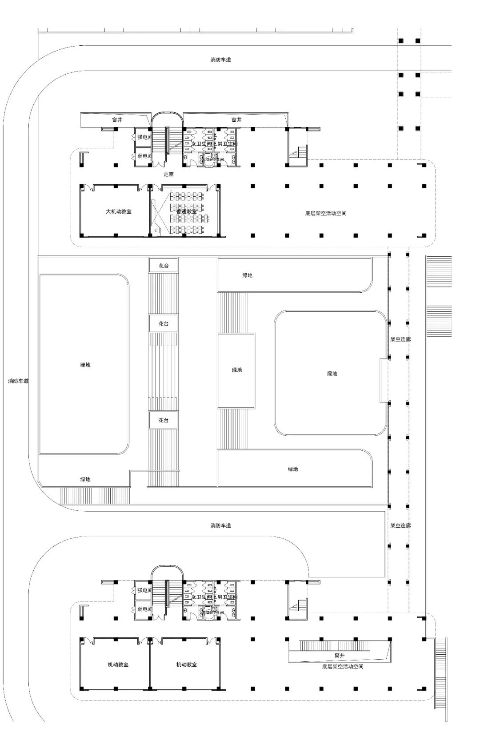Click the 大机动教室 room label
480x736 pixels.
click(119, 211)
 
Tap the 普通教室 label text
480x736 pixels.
click(186, 212)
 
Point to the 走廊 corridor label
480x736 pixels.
click(168, 175)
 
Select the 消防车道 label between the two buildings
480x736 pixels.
click(221, 525)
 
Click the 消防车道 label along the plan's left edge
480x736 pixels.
click(18, 381)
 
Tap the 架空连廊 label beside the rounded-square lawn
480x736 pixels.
click(400, 339)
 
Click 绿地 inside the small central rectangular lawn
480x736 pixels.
click(237, 370)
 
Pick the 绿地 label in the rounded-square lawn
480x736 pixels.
click(332, 374)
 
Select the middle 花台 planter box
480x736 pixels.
click(164, 324)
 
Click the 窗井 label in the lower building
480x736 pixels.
click(340, 655)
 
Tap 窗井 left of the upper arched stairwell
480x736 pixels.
click(117, 120)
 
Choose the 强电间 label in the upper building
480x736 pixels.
click(144, 137)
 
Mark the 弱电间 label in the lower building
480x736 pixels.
click(144, 609)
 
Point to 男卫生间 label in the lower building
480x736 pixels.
click(227, 597)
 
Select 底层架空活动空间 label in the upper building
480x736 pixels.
click(326, 213)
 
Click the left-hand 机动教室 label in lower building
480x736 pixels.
click(118, 664)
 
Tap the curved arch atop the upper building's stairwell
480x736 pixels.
click(167, 115)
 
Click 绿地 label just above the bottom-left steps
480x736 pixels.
click(85, 479)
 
